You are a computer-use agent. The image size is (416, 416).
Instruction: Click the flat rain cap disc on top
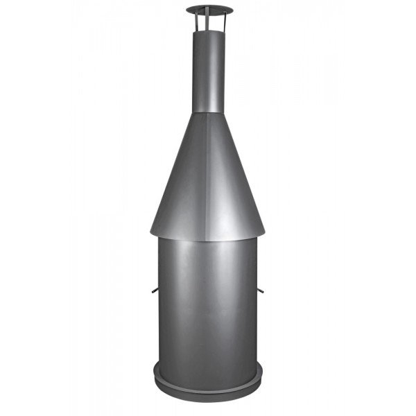pyautogui.click(x=209, y=10)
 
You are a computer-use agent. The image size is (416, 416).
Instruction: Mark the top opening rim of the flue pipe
pyautogui.click(x=209, y=31)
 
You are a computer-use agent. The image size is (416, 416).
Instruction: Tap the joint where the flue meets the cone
pyautogui.click(x=209, y=112)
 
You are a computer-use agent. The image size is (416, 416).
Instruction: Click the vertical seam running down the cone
pyautogui.click(x=209, y=173)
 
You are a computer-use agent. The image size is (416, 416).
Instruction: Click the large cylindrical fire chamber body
pyautogui.click(x=208, y=305)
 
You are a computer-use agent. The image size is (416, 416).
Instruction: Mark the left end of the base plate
pyautogui.click(x=155, y=374)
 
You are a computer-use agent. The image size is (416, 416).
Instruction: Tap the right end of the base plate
pyautogui.click(x=262, y=374)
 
